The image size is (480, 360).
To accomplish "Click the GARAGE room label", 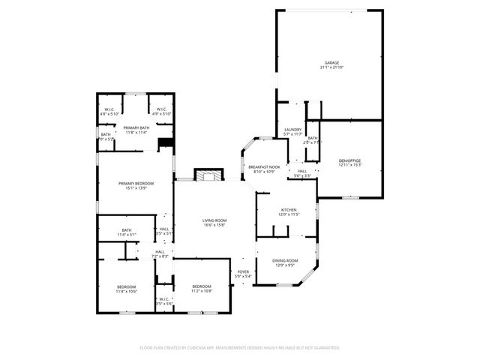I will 331,62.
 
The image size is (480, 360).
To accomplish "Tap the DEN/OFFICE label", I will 350,160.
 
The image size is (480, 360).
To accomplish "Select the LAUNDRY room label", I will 292,130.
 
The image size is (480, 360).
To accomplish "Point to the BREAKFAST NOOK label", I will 264,166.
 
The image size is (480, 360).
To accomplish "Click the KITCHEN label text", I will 289,209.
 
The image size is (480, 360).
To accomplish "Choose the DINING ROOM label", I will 289,259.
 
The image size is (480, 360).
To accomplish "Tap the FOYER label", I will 243,271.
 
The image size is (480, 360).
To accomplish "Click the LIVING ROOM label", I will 214,220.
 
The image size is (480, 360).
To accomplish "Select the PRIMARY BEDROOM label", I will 136,183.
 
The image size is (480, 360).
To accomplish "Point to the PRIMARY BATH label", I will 136,127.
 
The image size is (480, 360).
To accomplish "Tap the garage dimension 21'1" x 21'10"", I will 331,67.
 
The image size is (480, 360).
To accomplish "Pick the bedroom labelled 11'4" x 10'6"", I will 126,289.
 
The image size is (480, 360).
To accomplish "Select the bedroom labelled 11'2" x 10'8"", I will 201,289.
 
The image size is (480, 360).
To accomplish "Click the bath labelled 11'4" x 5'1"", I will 126,232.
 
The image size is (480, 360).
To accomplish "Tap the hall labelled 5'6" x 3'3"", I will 302,173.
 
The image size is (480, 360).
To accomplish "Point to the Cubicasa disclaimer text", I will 240,348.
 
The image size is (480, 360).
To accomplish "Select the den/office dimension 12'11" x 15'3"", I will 350,165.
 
